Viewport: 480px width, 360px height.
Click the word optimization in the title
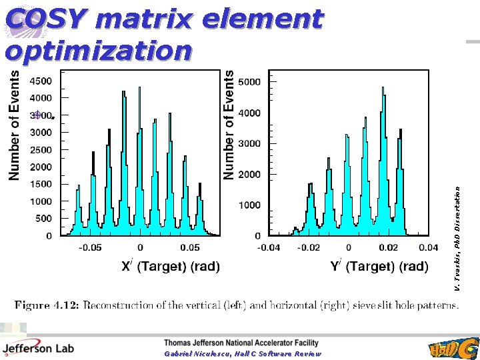click(99, 50)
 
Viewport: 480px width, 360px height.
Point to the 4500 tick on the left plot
click(39, 81)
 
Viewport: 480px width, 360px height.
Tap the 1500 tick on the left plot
click(39, 184)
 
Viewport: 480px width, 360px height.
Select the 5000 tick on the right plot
click(249, 81)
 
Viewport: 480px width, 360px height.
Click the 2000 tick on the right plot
click(249, 174)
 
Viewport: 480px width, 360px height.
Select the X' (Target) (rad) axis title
click(170, 267)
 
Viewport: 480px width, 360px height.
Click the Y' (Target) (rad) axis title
click(379, 267)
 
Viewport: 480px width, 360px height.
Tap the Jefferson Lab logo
click(38, 347)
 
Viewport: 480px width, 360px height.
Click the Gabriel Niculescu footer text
click(243, 354)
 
